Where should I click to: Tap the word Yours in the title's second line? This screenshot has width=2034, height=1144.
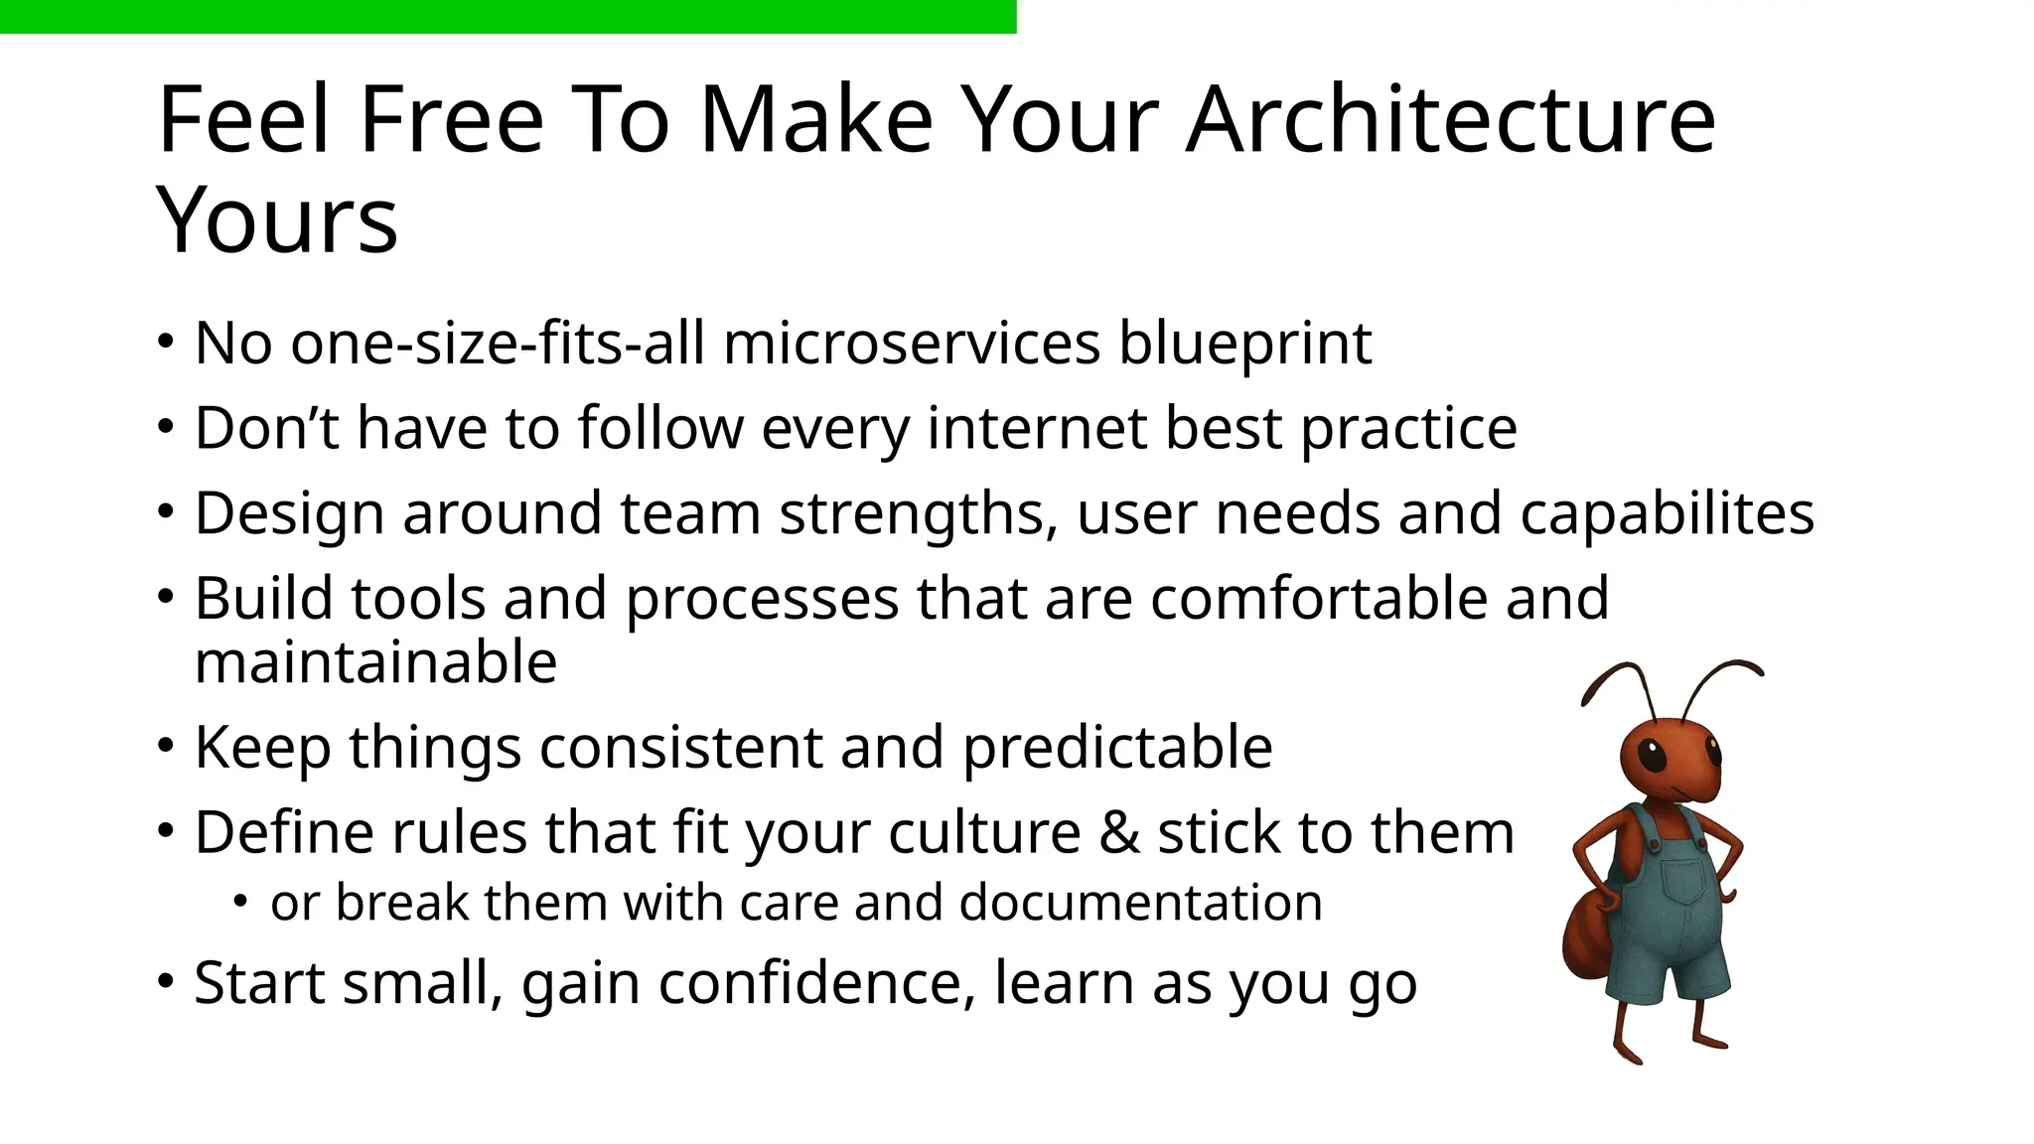[277, 220]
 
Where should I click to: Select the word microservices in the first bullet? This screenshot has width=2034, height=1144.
[911, 344]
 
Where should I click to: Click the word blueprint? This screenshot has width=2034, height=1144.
[1244, 346]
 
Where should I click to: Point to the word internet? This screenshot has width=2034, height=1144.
[1036, 428]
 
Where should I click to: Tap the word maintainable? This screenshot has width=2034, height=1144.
[375, 662]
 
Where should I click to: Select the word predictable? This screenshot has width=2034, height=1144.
[1117, 748]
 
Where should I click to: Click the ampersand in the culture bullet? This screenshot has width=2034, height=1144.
[1119, 832]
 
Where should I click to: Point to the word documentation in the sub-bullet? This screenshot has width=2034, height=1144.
[1140, 903]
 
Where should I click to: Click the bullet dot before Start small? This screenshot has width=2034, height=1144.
[165, 981]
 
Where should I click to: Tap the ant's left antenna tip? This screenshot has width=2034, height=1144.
[1585, 701]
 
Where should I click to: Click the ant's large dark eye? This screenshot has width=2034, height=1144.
[1652, 757]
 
